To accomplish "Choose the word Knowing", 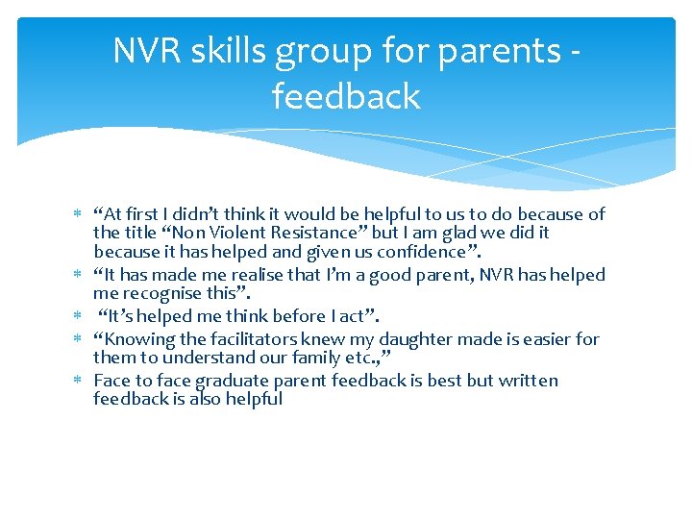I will coord(136,338).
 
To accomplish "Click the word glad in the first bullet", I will coord(463,233).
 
